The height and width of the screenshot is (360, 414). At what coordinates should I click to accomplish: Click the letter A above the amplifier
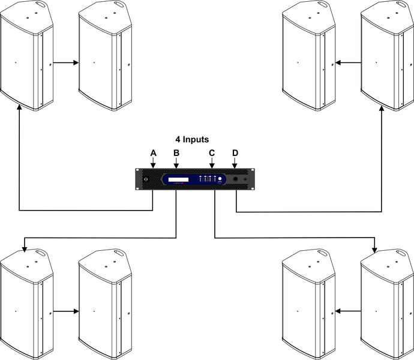153,153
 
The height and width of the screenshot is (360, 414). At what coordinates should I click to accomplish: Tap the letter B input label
176,153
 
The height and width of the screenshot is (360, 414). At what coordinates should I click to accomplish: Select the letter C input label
212,153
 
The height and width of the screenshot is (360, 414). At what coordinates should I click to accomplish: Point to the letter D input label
235,153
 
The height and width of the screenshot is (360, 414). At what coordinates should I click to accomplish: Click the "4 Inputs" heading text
188,139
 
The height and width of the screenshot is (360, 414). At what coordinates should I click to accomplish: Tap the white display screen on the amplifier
178,179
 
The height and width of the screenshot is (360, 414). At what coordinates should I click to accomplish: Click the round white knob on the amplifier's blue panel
221,179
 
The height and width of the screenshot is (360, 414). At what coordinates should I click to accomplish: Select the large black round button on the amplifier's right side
236,179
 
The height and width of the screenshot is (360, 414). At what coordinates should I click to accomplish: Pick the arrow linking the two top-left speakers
67,62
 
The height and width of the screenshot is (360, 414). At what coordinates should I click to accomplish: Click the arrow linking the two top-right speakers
348,62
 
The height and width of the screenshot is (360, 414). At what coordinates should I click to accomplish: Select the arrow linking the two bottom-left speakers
67,312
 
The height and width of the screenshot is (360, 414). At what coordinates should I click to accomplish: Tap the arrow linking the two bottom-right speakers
348,312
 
